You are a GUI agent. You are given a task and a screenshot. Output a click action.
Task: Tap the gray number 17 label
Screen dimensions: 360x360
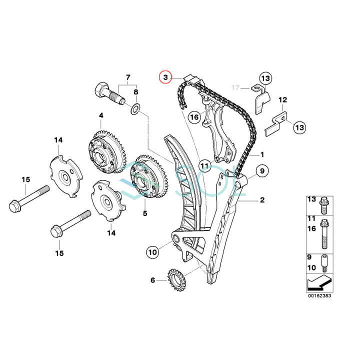coord(236,88)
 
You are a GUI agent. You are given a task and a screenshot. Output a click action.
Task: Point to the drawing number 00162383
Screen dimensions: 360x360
coord(318,295)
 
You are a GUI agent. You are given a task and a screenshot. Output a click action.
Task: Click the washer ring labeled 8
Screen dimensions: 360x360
coord(135,108)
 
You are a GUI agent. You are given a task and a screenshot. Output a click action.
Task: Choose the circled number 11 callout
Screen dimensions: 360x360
coord(204,165)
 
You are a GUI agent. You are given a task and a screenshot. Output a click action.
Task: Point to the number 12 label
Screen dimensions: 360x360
coord(282,100)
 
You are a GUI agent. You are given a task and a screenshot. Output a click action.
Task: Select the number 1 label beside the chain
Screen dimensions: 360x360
coord(261,155)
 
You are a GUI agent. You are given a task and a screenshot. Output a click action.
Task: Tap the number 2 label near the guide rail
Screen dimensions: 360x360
coord(261,200)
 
